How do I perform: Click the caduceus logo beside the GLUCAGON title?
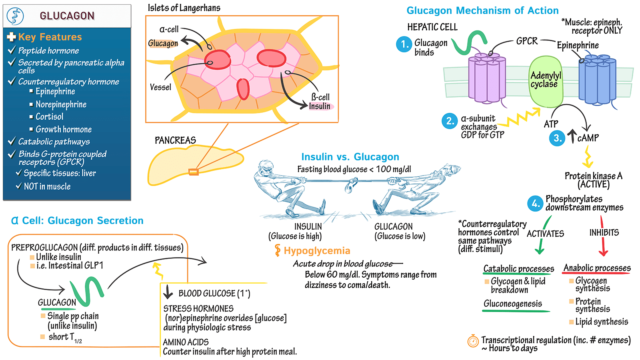15,16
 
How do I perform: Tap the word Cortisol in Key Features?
49,117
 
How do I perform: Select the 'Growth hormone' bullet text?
64,130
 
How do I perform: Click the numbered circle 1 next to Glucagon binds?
404,44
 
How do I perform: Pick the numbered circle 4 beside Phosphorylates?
535,204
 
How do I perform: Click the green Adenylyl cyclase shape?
546,82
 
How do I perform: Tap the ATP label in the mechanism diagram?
551,124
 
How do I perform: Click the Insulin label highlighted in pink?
320,106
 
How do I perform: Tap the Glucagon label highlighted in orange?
163,43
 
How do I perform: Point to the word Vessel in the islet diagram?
160,87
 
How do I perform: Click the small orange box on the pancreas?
194,172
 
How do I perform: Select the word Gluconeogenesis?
513,304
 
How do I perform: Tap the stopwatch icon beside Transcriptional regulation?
473,341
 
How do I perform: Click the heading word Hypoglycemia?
317,251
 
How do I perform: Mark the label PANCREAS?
175,140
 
